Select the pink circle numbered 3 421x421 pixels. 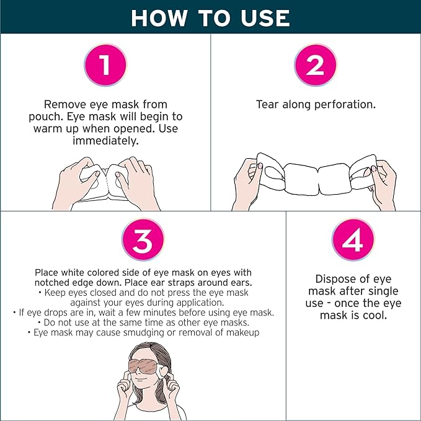[x=142, y=241]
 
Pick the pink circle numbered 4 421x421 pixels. [x=353, y=241]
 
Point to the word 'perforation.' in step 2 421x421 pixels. [x=345, y=104]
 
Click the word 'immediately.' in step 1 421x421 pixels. [x=105, y=141]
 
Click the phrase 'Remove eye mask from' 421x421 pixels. [x=105, y=104]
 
